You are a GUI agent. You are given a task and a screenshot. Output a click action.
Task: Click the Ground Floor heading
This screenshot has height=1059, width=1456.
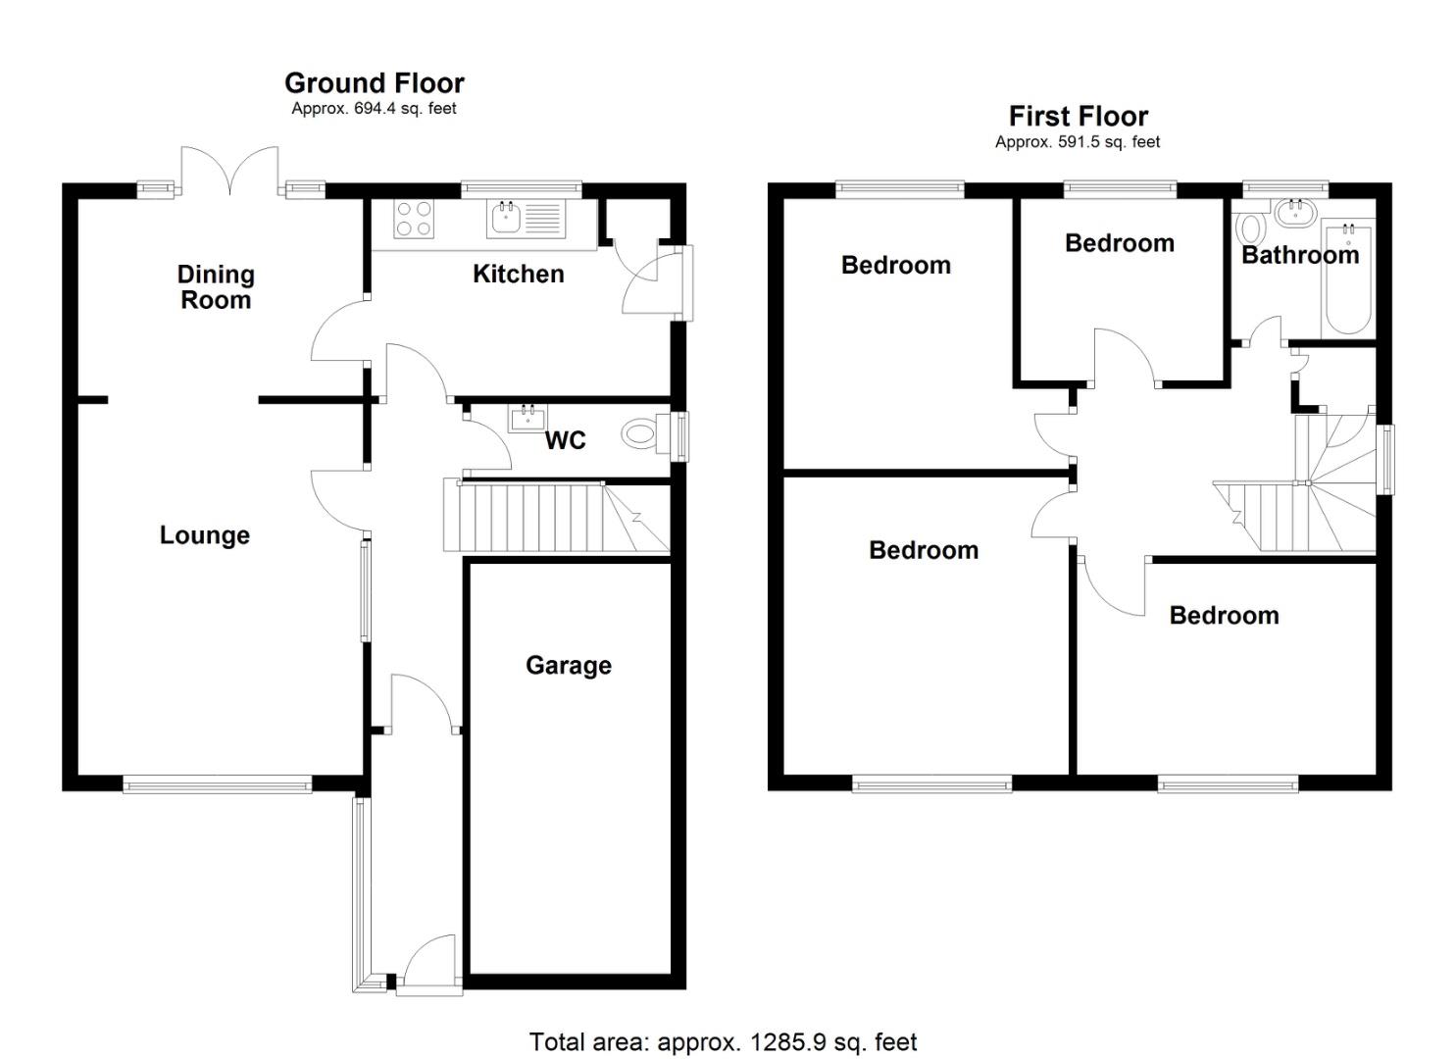click(x=374, y=83)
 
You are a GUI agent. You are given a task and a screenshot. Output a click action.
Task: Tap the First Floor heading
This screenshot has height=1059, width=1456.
click(x=1078, y=117)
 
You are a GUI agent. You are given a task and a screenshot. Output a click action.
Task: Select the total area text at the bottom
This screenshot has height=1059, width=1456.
click(x=723, y=1041)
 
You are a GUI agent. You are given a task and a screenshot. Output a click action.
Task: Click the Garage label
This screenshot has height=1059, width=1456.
click(x=569, y=665)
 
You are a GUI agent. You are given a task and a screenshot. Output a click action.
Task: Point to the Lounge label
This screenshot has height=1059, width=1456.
click(x=205, y=535)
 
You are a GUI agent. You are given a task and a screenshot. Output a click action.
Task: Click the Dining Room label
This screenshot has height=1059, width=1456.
click(x=216, y=287)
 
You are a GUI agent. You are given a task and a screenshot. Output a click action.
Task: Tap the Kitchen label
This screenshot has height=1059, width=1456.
click(x=518, y=274)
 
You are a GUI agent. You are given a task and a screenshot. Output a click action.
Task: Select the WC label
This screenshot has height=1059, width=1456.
click(x=565, y=440)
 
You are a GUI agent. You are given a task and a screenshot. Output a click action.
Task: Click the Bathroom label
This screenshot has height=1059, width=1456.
click(x=1300, y=255)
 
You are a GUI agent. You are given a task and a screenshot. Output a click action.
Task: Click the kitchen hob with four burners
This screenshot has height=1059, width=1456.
click(x=413, y=219)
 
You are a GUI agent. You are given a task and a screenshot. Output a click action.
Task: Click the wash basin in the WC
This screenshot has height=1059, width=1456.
click(x=528, y=419)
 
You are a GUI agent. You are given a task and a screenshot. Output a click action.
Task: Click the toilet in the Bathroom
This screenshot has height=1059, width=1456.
click(x=1250, y=229)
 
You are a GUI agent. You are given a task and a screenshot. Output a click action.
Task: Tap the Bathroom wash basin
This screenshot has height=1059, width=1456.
click(x=1296, y=212)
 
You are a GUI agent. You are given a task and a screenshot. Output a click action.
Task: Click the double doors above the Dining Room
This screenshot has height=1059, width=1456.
click(x=230, y=173)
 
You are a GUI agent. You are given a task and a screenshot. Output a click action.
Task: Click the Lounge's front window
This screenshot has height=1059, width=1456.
click(x=217, y=782)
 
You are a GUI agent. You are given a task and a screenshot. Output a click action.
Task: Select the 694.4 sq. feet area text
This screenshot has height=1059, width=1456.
click(x=374, y=109)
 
